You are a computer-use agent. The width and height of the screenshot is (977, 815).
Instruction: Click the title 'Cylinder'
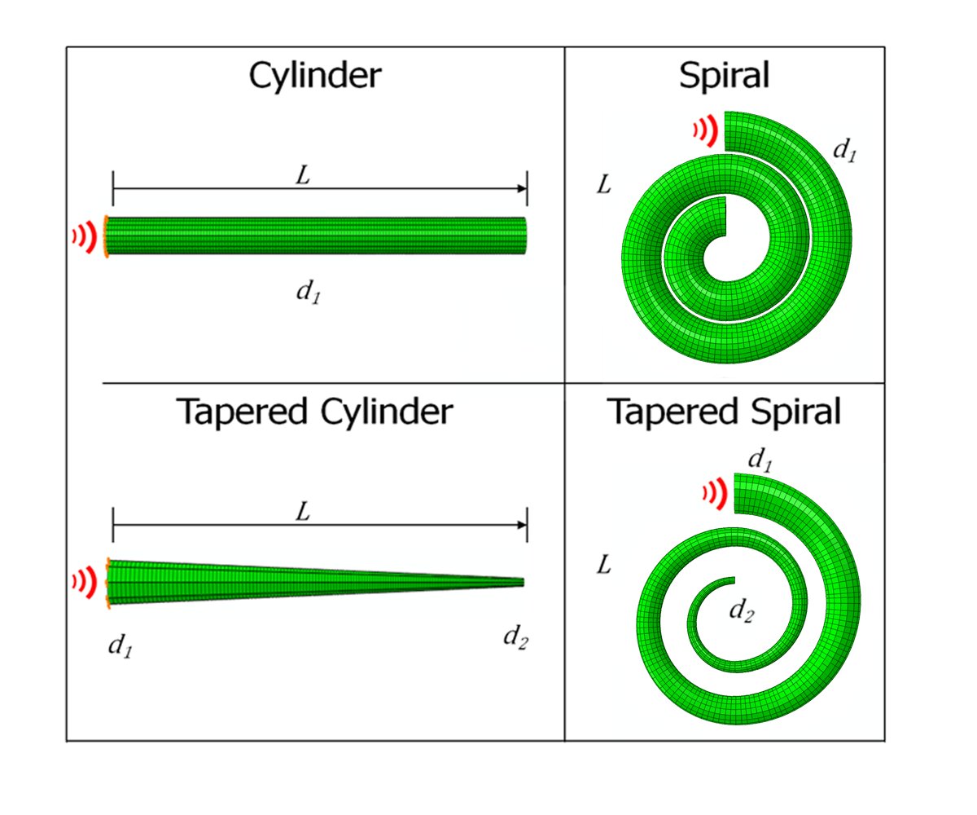point(315,76)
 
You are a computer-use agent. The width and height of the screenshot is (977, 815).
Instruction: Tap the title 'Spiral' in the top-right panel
point(724,76)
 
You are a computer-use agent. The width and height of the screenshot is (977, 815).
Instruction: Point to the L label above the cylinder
point(302,176)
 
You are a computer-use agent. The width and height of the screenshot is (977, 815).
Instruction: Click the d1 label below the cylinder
point(306,292)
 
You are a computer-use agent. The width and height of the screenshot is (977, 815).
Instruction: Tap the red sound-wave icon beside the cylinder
point(86,236)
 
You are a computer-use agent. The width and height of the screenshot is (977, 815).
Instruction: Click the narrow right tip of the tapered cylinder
point(521,582)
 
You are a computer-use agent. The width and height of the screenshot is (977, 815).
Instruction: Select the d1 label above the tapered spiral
point(760,461)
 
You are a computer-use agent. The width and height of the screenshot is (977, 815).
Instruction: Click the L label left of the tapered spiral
point(603,565)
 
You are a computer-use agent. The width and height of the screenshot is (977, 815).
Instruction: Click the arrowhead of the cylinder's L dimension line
point(523,188)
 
